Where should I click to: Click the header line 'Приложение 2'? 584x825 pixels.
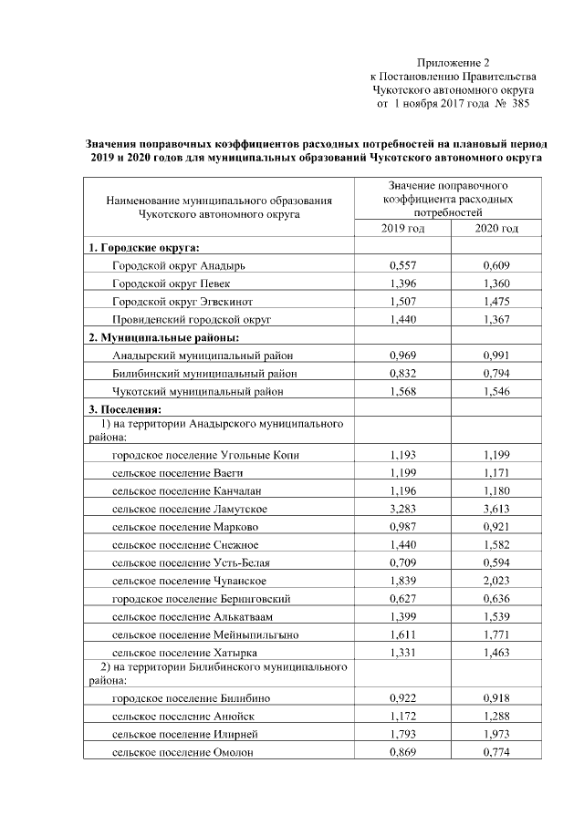pyautogui.click(x=454, y=63)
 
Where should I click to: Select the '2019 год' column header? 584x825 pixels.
pyautogui.click(x=402, y=228)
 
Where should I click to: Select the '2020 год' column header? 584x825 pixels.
pyautogui.click(x=496, y=228)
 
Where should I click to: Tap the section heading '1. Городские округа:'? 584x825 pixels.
pyautogui.click(x=144, y=248)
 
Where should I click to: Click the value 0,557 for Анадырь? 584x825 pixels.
pyautogui.click(x=402, y=265)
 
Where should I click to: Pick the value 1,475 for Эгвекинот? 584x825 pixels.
pyautogui.click(x=496, y=302)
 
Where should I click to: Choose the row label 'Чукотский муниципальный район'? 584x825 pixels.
pyautogui.click(x=197, y=391)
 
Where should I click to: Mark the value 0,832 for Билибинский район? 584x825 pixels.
pyautogui.click(x=402, y=373)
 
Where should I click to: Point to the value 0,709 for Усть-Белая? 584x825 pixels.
pyautogui.click(x=402, y=562)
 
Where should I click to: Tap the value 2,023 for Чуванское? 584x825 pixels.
pyautogui.click(x=496, y=581)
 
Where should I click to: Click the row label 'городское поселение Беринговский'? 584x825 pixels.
pyautogui.click(x=202, y=599)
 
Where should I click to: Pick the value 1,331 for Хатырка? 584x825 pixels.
pyautogui.click(x=402, y=653)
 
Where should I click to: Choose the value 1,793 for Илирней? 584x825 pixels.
pyautogui.click(x=402, y=734)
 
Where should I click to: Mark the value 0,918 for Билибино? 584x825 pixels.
pyautogui.click(x=496, y=698)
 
